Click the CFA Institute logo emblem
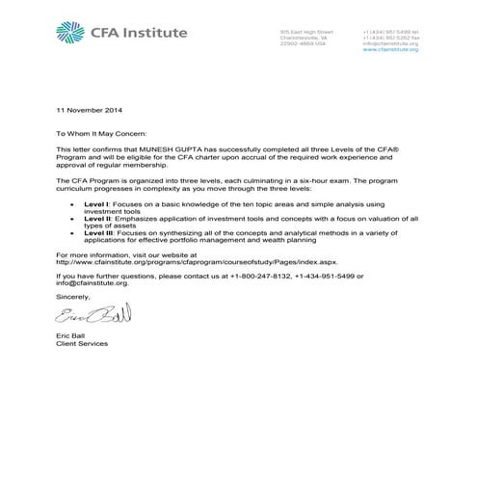(70, 34)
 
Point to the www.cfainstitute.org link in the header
(390, 49)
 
